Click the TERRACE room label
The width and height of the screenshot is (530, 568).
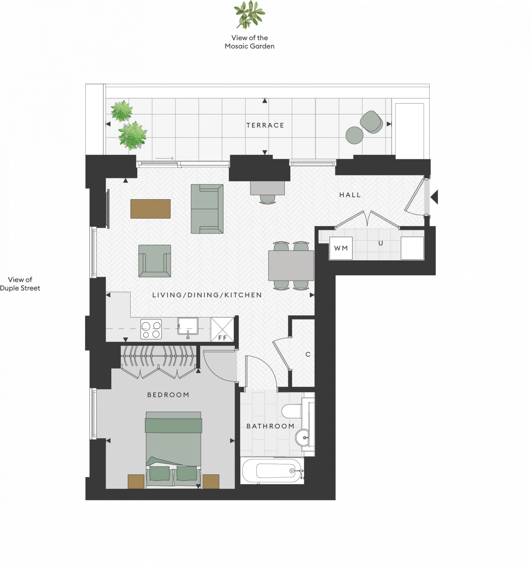tap(265, 125)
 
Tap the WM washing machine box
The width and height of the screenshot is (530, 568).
tap(341, 248)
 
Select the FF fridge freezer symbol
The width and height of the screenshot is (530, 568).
tap(222, 330)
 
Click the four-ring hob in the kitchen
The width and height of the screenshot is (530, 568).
tap(151, 329)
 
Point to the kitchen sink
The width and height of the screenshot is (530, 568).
tap(188, 326)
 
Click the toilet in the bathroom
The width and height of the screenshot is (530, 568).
tap(292, 411)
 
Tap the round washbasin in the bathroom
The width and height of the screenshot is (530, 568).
tap(302, 438)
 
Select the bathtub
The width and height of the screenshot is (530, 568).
tap(272, 471)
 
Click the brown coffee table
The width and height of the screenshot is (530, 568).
tap(150, 209)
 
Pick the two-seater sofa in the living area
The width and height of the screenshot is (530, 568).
tap(207, 209)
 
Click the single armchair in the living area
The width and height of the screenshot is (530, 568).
tap(155, 261)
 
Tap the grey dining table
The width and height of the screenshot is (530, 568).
tap(291, 265)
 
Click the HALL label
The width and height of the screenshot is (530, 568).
tap(350, 195)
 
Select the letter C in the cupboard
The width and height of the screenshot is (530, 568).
tap(308, 354)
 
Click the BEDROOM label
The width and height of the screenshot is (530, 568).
tap(168, 395)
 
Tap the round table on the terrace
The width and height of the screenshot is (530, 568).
tap(354, 135)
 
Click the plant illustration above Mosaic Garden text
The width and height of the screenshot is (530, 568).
tap(250, 15)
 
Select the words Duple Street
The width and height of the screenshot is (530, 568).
tap(20, 288)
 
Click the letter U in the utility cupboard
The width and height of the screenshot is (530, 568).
tap(381, 243)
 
